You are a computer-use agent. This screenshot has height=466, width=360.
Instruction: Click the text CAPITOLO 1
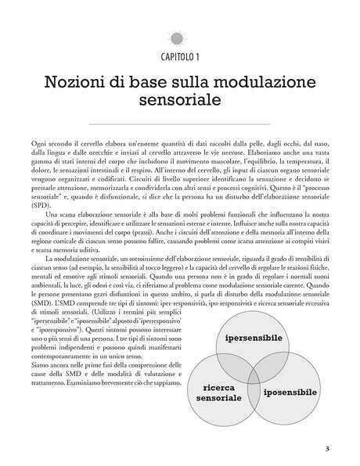click(180, 58)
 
